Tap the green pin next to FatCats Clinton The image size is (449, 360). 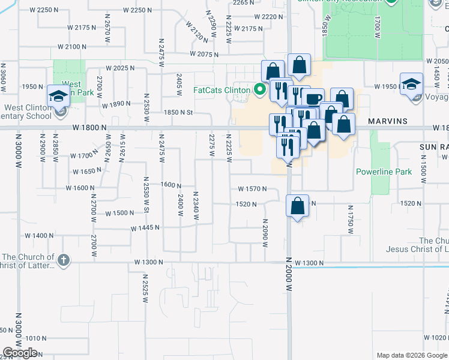pos(260,91)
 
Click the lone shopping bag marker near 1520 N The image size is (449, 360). pos(298,206)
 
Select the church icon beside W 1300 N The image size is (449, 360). pos(64,260)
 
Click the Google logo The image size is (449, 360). pos(20,353)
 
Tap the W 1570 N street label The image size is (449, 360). pos(252,189)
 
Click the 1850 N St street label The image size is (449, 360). pos(178,112)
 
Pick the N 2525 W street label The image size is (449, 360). pos(145,287)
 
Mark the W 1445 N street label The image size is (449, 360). pos(146,228)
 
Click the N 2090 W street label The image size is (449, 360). pos(264,231)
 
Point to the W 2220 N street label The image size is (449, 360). pos(269,17)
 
